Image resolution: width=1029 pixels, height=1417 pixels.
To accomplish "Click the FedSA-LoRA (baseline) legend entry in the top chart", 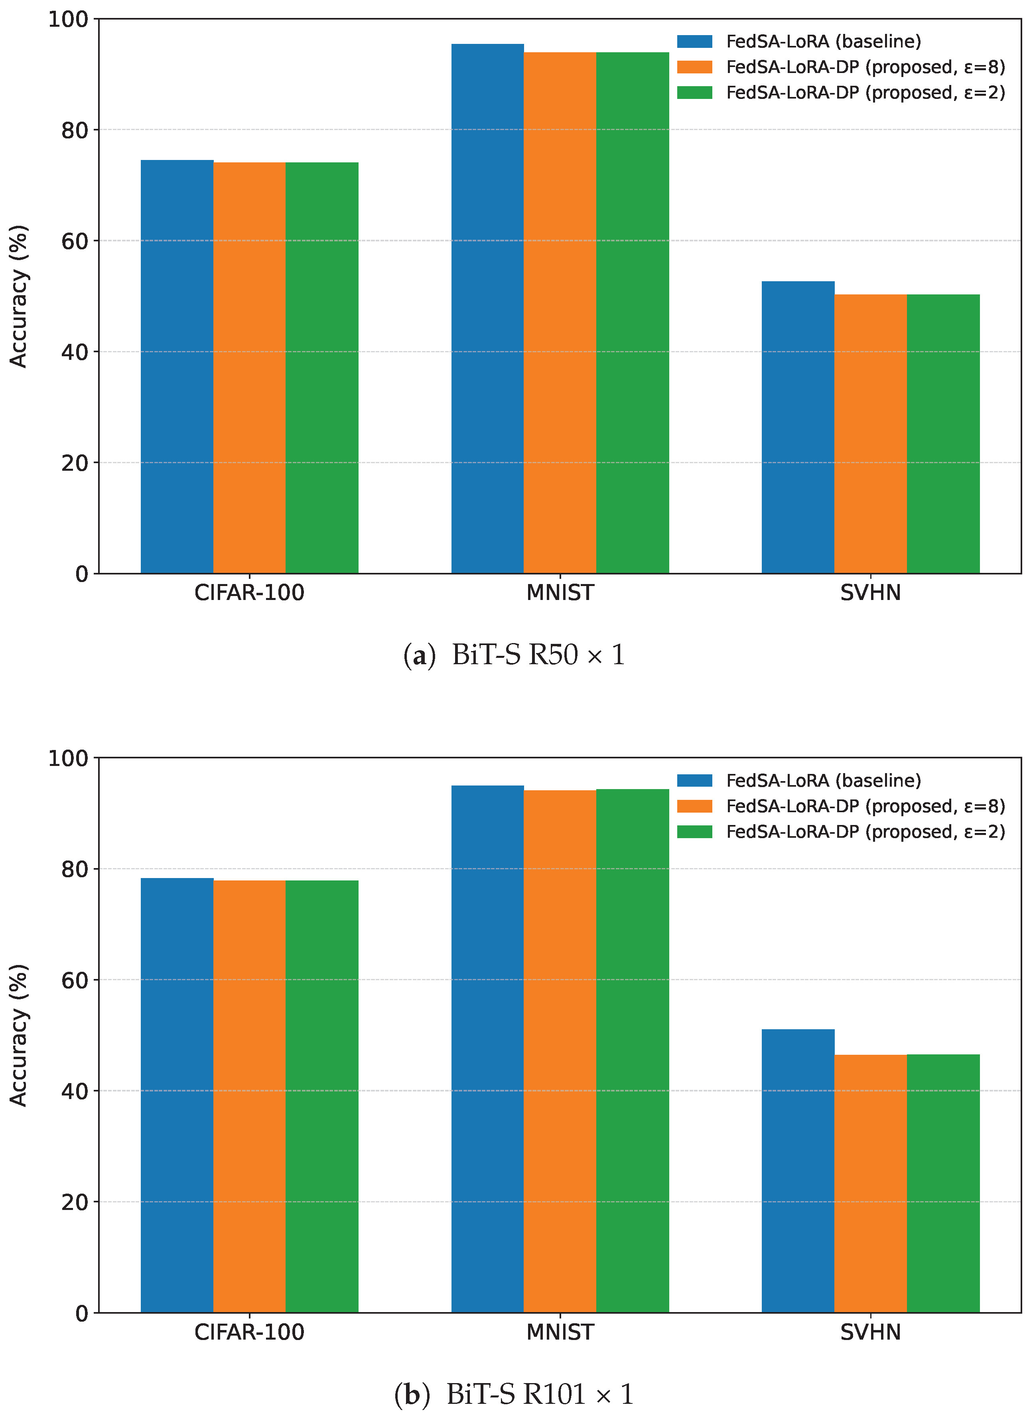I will [x=823, y=41].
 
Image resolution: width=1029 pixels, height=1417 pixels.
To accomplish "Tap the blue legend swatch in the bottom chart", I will [x=694, y=780].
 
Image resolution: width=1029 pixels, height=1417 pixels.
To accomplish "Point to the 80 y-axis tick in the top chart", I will [x=74, y=130].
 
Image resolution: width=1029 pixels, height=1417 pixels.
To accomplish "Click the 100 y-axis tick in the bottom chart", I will [x=68, y=758].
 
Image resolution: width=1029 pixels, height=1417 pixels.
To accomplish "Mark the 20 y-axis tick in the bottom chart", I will [x=74, y=1202].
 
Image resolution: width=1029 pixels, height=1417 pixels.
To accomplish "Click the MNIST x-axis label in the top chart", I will [x=560, y=592].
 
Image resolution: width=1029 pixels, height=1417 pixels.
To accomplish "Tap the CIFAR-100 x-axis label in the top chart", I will [x=249, y=592].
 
